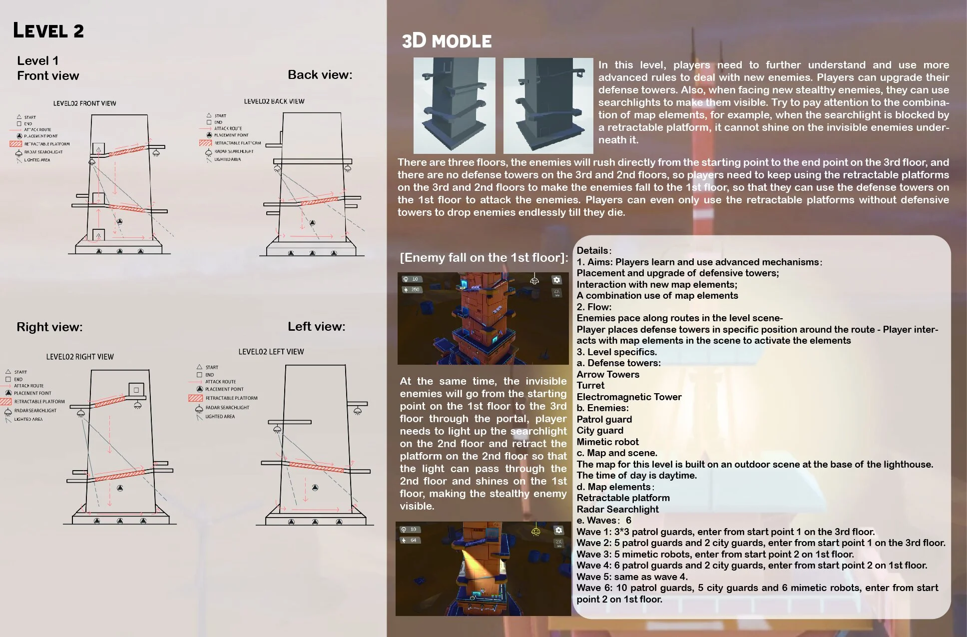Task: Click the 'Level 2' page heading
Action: (48, 31)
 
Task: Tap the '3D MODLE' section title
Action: (447, 41)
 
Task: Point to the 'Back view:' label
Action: (320, 75)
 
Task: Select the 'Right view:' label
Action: (49, 327)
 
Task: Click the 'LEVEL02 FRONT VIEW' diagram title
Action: (84, 103)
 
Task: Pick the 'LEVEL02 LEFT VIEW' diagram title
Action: (271, 352)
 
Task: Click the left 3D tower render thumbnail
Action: (454, 105)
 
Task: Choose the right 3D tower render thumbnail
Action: (548, 105)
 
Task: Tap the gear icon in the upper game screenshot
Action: (556, 280)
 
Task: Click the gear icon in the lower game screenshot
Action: (558, 530)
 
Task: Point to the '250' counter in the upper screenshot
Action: (415, 290)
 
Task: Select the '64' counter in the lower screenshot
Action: (413, 540)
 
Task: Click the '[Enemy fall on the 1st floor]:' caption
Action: (483, 258)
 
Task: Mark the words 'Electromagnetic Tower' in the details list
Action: (629, 397)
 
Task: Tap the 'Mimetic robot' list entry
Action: (607, 442)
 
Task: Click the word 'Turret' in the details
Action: (590, 386)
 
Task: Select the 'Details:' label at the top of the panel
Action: (593, 251)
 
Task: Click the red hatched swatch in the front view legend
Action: (15, 144)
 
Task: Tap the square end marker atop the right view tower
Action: (136, 389)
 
